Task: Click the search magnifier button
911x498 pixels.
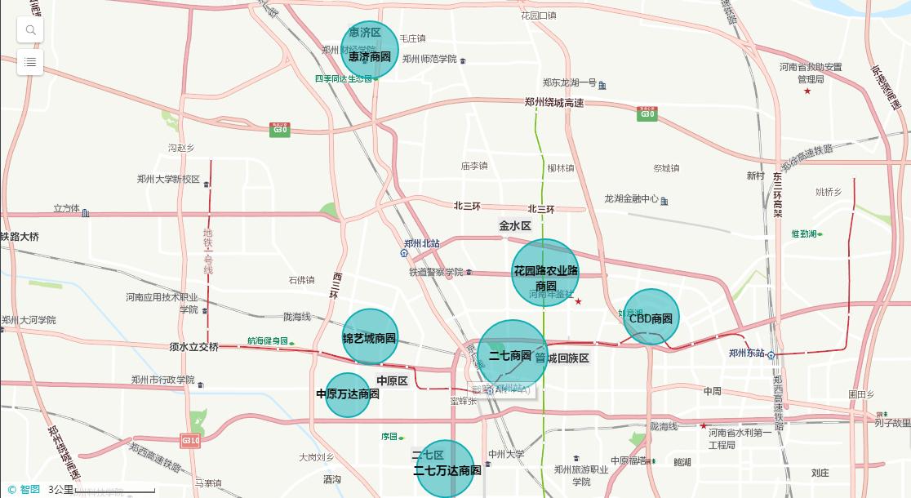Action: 30,30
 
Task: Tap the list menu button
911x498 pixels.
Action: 30,62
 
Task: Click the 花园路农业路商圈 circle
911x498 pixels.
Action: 545,273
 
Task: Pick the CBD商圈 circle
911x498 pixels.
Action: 651,318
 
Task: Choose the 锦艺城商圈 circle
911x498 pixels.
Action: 370,336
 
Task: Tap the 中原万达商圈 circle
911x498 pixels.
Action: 348,394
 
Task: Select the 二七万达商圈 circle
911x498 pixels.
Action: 446,469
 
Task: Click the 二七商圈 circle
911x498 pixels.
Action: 512,354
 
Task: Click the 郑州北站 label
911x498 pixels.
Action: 421,243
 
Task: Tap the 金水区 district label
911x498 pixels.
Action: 515,225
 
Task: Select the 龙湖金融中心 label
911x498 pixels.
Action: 631,198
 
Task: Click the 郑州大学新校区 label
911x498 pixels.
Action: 168,180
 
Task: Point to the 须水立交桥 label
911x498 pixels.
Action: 194,347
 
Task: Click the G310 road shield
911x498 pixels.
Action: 191,440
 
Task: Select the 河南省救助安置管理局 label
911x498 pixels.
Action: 811,73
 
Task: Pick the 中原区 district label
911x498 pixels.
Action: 392,381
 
